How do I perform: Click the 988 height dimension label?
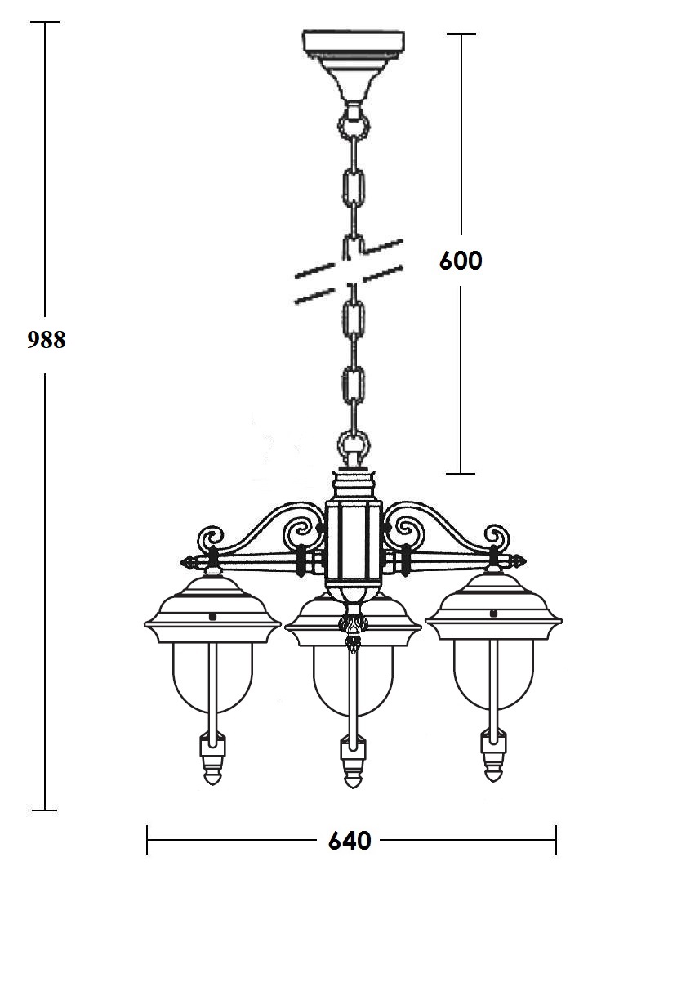tap(47, 340)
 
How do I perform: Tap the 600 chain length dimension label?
tap(461, 261)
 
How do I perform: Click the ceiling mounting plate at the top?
tap(354, 43)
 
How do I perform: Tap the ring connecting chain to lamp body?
tap(354, 441)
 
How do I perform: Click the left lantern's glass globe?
tap(212, 677)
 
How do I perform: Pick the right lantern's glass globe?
tap(493, 676)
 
